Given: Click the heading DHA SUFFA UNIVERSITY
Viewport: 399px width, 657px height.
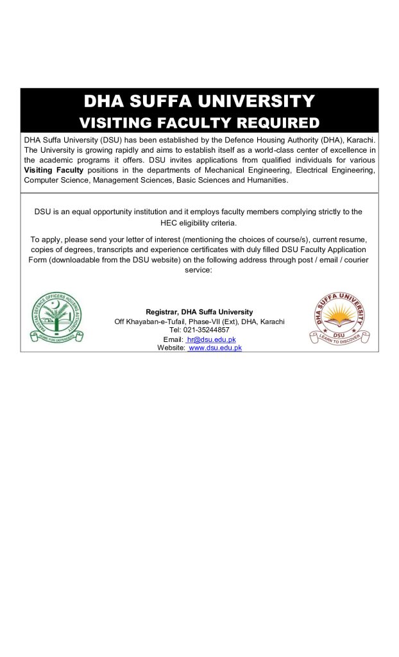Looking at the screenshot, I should pos(199,101).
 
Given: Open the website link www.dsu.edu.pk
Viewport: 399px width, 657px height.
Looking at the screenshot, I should pos(215,347).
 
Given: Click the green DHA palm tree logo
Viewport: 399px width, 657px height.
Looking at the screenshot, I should pos(57,318).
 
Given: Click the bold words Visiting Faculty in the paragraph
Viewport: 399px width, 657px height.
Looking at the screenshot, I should pos(54,170).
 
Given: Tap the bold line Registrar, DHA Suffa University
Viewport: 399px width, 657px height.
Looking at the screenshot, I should pos(199,312).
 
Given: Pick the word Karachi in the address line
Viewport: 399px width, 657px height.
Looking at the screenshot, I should pos(271,321).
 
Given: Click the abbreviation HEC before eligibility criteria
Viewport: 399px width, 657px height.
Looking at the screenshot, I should pos(169,222).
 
